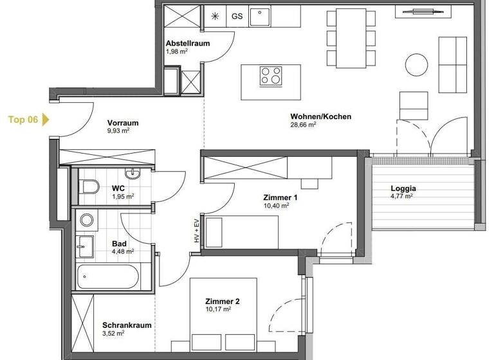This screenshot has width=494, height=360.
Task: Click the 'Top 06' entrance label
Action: pyautogui.click(x=23, y=119)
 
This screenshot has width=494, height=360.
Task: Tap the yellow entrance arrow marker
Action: pyautogui.click(x=45, y=119)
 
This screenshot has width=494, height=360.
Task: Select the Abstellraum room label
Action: pyautogui.click(x=187, y=44)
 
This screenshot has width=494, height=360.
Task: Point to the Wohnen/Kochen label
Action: pyautogui.click(x=311, y=116)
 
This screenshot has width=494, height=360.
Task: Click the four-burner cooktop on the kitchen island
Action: pyautogui.click(x=271, y=76)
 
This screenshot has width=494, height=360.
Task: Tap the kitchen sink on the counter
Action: pyautogui.click(x=259, y=17)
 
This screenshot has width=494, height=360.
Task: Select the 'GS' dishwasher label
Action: pyautogui.click(x=237, y=17)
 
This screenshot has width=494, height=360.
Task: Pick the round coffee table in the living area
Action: pyautogui.click(x=416, y=64)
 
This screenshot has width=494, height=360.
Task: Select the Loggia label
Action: pyautogui.click(x=403, y=189)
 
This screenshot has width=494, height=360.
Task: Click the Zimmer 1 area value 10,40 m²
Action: pyautogui.click(x=277, y=206)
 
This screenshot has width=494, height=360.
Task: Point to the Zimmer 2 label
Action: pyautogui.click(x=222, y=301)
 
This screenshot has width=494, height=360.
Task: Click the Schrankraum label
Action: pyautogui.click(x=127, y=325)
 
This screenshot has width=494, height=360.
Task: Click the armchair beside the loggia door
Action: pyautogui.click(x=413, y=105)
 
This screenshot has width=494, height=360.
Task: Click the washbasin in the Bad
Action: pyautogui.click(x=85, y=244)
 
